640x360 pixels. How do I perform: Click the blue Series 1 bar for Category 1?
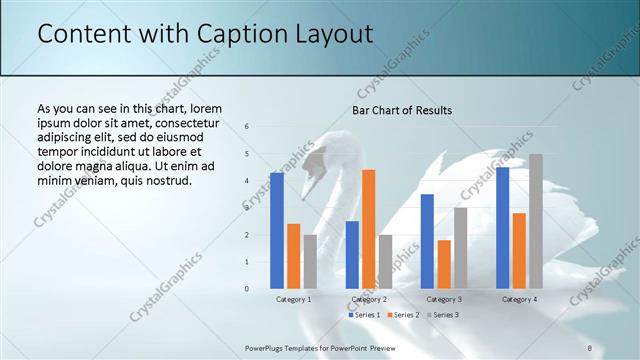point(277,231)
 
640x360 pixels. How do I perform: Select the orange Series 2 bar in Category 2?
point(369,229)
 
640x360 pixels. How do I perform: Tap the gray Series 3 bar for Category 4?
point(536,221)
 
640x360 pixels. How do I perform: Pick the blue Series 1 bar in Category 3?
point(427,241)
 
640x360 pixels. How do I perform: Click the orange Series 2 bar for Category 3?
point(444,264)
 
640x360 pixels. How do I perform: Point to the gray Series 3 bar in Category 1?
point(310,262)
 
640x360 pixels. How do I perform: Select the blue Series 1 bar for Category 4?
point(502,228)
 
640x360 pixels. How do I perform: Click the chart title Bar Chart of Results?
point(402,110)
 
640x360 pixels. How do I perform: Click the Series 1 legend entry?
point(364,315)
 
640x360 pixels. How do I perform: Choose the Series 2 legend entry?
point(402,315)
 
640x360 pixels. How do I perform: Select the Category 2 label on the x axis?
point(369,299)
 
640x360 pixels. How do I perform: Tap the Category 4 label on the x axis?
point(519,299)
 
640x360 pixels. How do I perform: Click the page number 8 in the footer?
point(590,347)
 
